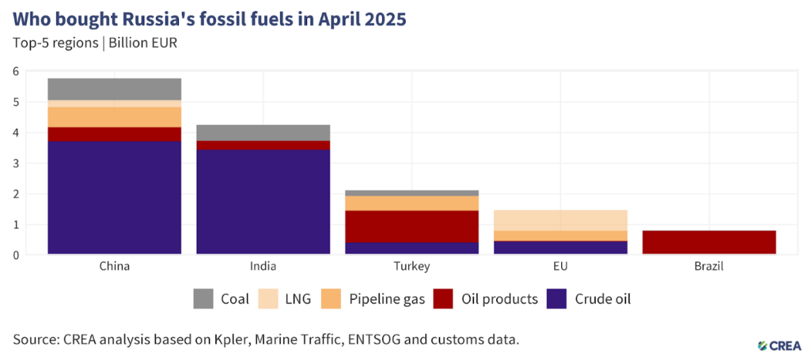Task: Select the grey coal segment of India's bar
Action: coord(263,133)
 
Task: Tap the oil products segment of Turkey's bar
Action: coord(412,226)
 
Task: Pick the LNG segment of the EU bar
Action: coord(560,220)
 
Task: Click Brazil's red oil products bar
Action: coord(709,241)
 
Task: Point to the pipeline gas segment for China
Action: coord(115,117)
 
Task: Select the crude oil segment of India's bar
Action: coord(263,201)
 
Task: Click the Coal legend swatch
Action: coord(203,299)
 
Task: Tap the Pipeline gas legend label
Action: coord(387,299)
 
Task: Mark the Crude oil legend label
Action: coord(603,299)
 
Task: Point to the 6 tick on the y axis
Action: coord(16,71)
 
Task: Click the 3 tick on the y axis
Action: coord(16,163)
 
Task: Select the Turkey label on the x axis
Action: coord(412,267)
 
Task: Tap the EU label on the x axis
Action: coord(560,267)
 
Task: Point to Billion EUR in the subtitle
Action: coord(143,42)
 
